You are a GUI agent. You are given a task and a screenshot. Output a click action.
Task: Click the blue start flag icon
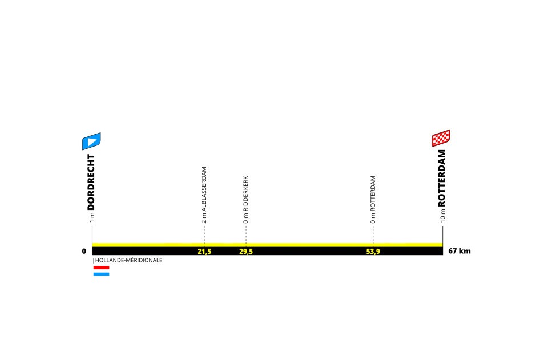tap(91, 141)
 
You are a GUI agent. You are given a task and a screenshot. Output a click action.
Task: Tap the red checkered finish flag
tap(441, 139)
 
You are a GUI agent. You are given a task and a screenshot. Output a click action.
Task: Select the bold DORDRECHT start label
tap(91, 182)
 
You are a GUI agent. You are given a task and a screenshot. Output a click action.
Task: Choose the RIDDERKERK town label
tap(245, 194)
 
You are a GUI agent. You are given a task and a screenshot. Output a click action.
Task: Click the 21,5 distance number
tap(204, 251)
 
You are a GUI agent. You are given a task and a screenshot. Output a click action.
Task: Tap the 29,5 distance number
tap(246, 251)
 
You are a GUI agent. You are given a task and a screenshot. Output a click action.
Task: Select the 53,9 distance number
tap(373, 251)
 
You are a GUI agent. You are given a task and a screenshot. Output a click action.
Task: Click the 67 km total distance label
tap(460, 251)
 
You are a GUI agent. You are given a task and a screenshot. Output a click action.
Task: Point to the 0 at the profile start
tap(84, 251)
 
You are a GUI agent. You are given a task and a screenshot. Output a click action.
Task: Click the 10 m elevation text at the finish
tap(442, 216)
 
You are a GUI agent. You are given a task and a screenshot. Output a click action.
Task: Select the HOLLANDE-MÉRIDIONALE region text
tap(129, 260)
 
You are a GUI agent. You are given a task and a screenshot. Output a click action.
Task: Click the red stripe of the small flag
tap(101, 267)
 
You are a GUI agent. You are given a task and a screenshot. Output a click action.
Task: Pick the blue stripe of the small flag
tap(101, 274)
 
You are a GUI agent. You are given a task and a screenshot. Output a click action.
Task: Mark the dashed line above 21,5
tap(204, 234)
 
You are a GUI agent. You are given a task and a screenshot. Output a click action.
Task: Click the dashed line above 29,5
tap(246, 234)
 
